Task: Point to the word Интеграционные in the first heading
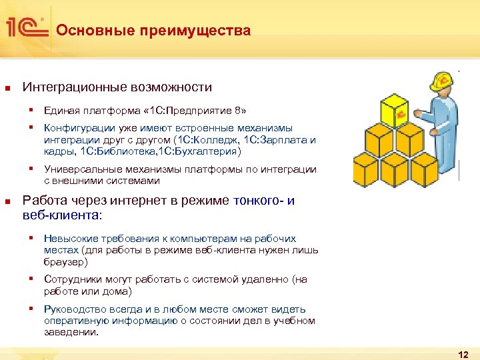tap(71, 87)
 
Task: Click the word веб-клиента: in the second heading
tap(63, 215)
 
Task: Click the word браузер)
tap(64, 262)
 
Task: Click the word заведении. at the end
tap(71, 332)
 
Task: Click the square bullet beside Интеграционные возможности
tap(7, 88)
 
